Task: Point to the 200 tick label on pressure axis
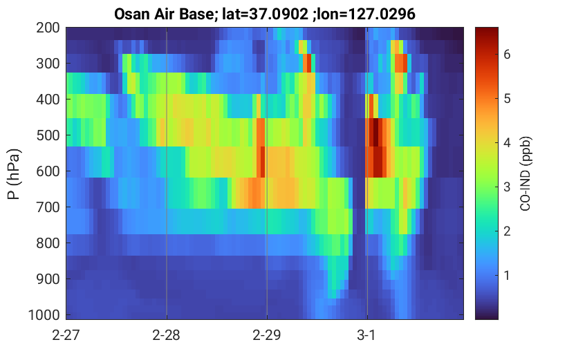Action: click(x=48, y=28)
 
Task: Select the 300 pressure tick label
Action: click(x=48, y=64)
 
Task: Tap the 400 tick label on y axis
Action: click(x=48, y=100)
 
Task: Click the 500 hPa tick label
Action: click(x=48, y=135)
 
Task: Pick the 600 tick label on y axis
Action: click(x=48, y=171)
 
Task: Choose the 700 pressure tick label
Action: click(x=48, y=207)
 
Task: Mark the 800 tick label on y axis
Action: click(x=48, y=243)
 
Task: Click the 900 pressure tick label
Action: click(x=48, y=279)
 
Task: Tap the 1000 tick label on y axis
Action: click(x=44, y=315)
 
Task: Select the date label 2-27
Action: click(x=66, y=335)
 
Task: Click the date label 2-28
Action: click(x=167, y=335)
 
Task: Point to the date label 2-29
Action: click(x=267, y=335)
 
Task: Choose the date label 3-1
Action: click(x=366, y=335)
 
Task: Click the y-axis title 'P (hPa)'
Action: click(x=14, y=174)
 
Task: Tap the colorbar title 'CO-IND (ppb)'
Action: click(x=526, y=174)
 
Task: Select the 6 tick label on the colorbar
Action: click(x=507, y=55)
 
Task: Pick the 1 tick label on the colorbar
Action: click(x=507, y=275)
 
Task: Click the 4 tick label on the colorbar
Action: click(x=507, y=143)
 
